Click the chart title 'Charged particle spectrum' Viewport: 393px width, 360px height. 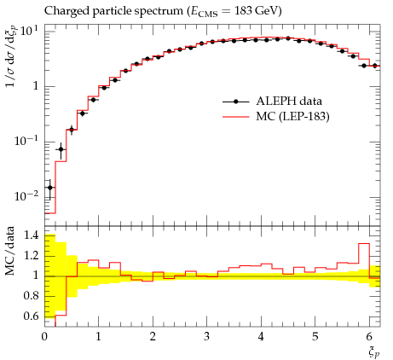[114, 11]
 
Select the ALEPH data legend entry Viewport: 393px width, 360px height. [272, 102]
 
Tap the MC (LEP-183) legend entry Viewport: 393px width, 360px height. [275, 116]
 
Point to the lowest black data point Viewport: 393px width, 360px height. [50, 188]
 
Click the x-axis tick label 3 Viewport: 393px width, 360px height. [207, 337]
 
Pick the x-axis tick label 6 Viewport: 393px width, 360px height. [369, 337]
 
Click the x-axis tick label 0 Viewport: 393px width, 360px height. [44, 337]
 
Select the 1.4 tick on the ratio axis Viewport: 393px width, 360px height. [31, 235]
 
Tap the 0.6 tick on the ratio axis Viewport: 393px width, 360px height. [31, 316]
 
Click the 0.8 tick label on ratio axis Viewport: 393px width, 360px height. [31, 296]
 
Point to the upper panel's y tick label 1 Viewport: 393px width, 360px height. [36, 86]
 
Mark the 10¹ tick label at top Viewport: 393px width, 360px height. [29, 30]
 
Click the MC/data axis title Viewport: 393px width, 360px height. [9, 251]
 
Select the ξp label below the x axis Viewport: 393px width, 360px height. [373, 352]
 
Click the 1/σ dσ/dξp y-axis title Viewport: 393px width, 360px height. [11, 56]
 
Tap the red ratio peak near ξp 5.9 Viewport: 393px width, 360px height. [364, 244]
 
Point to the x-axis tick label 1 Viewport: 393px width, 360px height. [98, 337]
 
